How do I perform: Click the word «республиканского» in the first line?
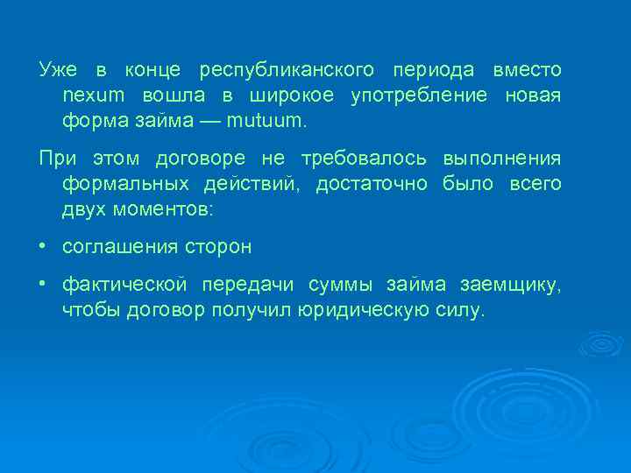coord(287,69)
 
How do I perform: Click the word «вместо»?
coord(528,69)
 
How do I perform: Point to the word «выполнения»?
coord(502,159)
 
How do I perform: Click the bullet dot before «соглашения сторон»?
coord(42,246)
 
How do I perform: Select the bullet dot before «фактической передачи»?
coord(42,284)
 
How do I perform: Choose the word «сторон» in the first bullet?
coord(219,247)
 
